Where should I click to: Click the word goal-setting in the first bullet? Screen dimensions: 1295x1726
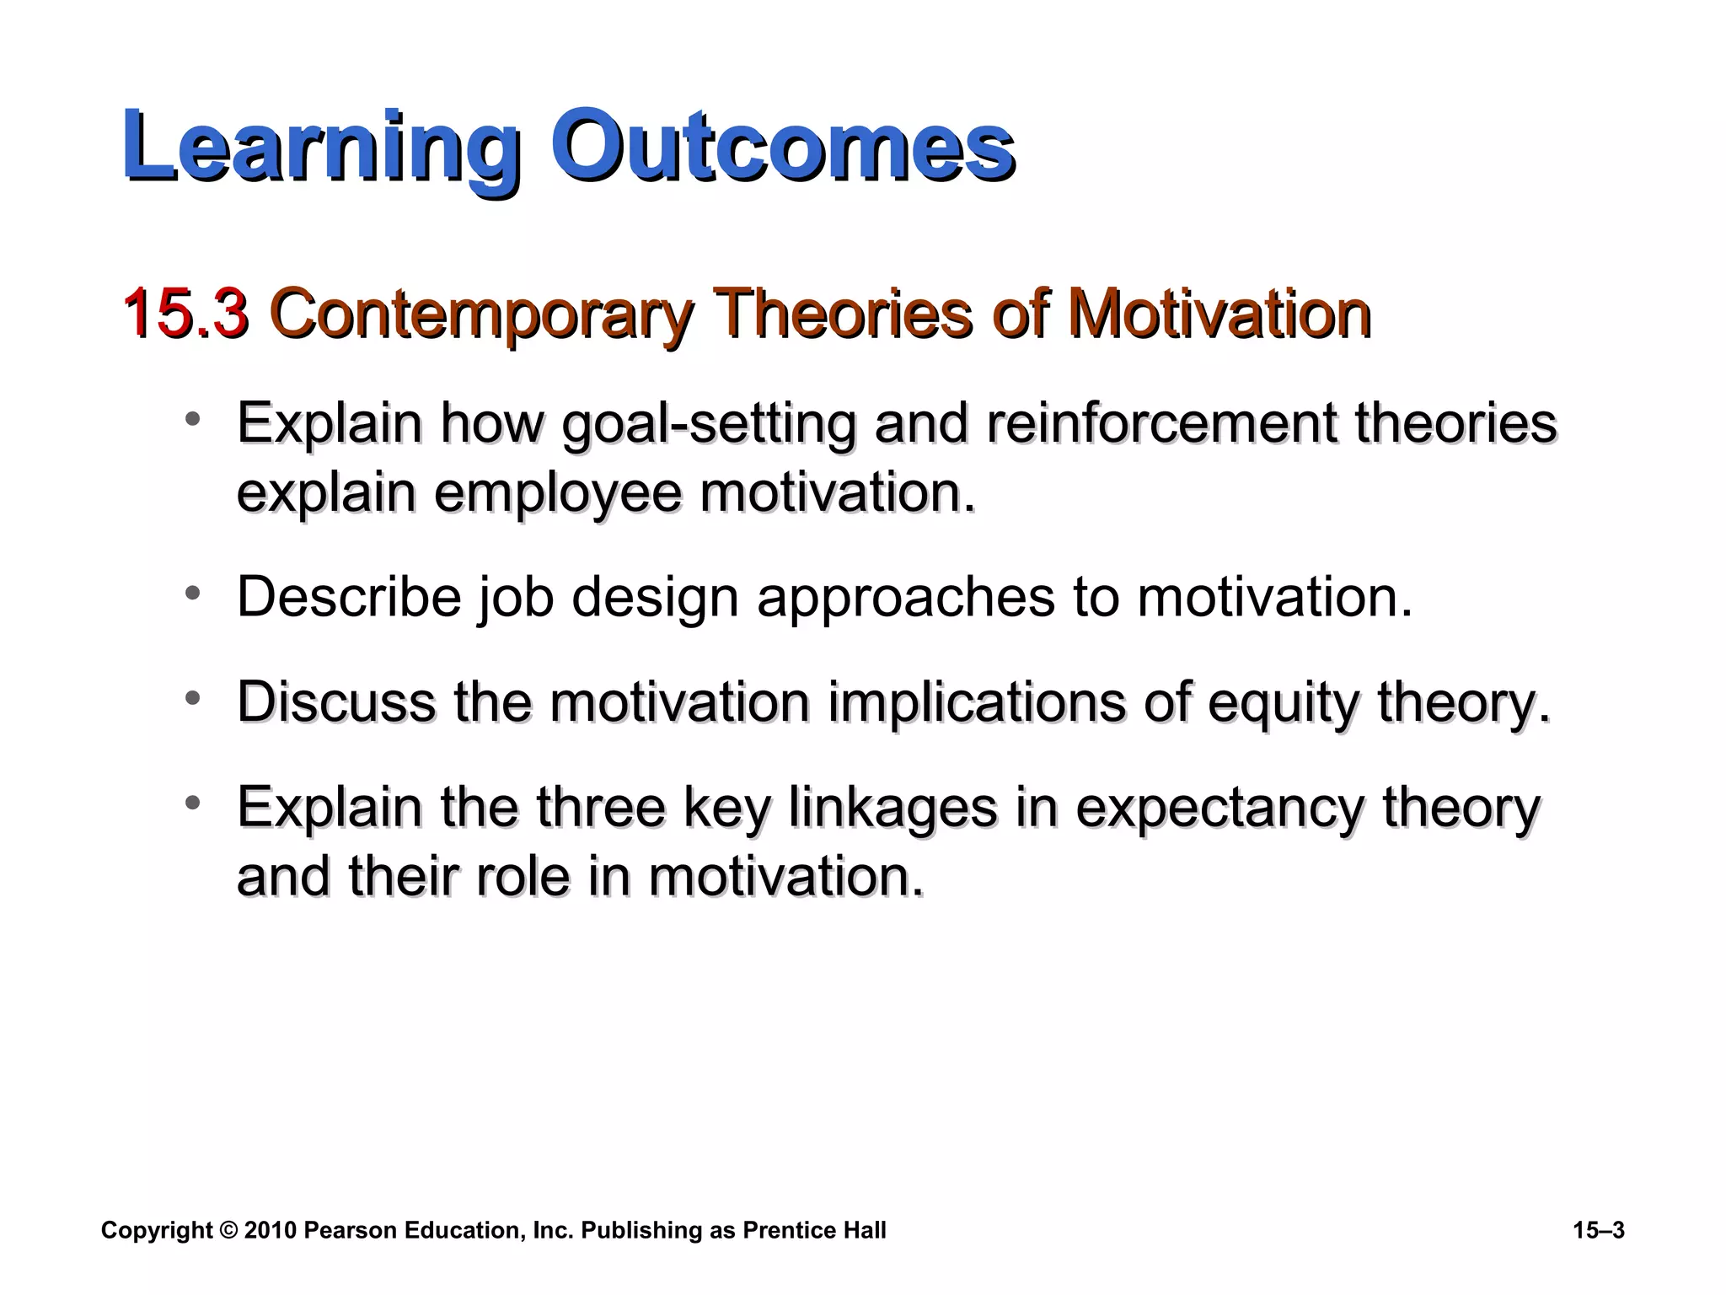click(x=708, y=424)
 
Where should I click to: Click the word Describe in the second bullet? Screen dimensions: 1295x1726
click(x=349, y=597)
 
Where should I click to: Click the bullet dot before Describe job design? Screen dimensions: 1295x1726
click(x=193, y=594)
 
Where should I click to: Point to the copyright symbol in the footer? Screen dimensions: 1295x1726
click(x=228, y=1231)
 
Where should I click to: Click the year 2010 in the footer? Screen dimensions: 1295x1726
click(x=271, y=1231)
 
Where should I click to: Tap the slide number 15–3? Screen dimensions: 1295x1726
click(x=1598, y=1231)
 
